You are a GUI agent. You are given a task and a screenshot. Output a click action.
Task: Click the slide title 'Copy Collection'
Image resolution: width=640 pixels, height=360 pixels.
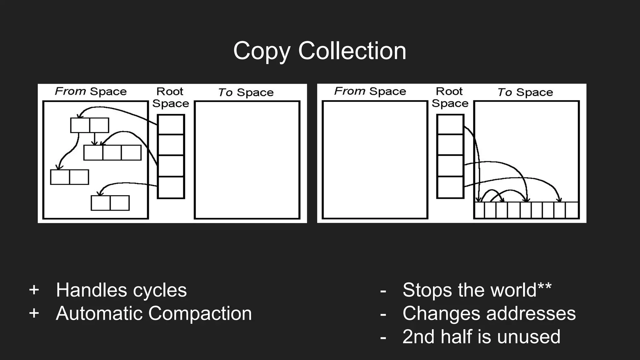[319, 51]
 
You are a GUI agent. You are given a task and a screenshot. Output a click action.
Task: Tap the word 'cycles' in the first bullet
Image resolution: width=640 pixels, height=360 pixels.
[160, 290]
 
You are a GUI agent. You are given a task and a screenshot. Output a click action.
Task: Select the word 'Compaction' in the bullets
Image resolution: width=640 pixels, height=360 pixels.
[200, 313]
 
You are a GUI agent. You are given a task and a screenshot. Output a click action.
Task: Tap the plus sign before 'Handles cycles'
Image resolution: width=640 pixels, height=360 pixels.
[34, 290]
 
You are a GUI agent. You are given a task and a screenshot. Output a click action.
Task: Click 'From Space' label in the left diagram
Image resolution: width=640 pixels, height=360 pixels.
[91, 91]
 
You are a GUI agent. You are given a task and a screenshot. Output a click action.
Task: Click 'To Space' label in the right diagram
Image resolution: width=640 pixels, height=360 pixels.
[525, 92]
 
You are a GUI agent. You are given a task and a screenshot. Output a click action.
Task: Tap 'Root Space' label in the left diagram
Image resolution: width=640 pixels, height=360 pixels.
[170, 97]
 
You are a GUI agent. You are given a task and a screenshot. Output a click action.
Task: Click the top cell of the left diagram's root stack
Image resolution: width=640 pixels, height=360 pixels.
[171, 125]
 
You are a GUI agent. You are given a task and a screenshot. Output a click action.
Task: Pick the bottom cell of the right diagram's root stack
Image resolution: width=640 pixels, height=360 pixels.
[450, 187]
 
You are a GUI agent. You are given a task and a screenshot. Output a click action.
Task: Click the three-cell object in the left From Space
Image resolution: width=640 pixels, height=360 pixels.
[112, 152]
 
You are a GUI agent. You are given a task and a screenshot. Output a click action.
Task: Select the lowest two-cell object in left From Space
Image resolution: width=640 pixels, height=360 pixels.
[110, 203]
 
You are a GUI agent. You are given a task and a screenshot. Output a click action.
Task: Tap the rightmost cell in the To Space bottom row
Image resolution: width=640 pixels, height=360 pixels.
[572, 210]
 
